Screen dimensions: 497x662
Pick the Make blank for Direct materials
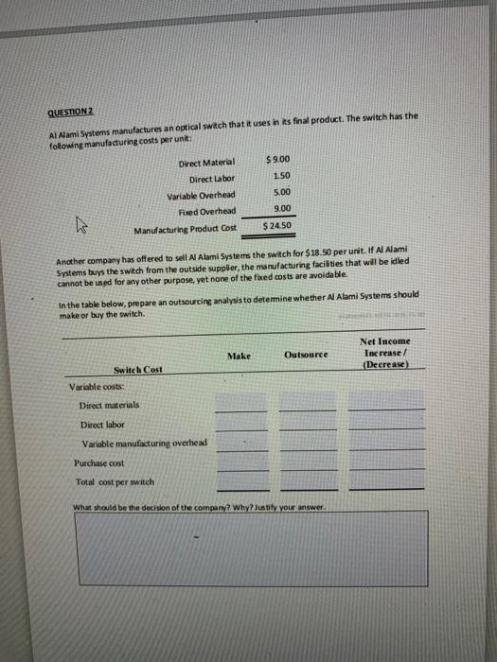pyautogui.click(x=240, y=404)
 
